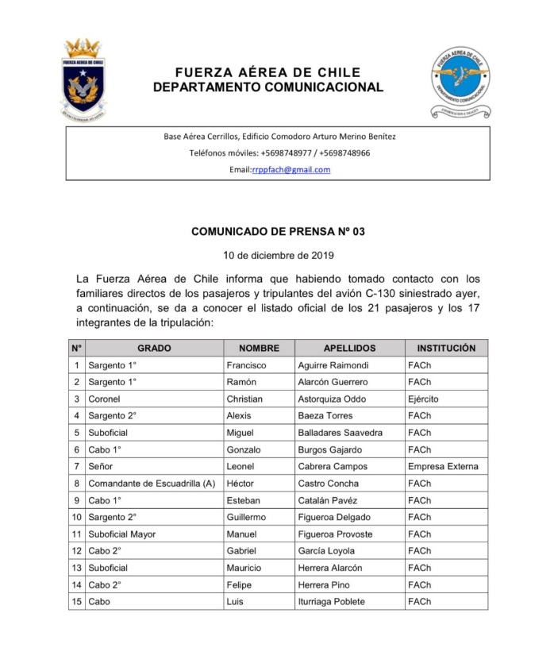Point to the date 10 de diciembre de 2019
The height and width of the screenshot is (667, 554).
[278, 256]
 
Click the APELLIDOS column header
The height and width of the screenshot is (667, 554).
[349, 349]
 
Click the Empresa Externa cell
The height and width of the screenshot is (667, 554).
[443, 467]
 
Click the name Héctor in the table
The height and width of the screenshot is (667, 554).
[241, 484]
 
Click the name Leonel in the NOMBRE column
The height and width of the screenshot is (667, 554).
[240, 467]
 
